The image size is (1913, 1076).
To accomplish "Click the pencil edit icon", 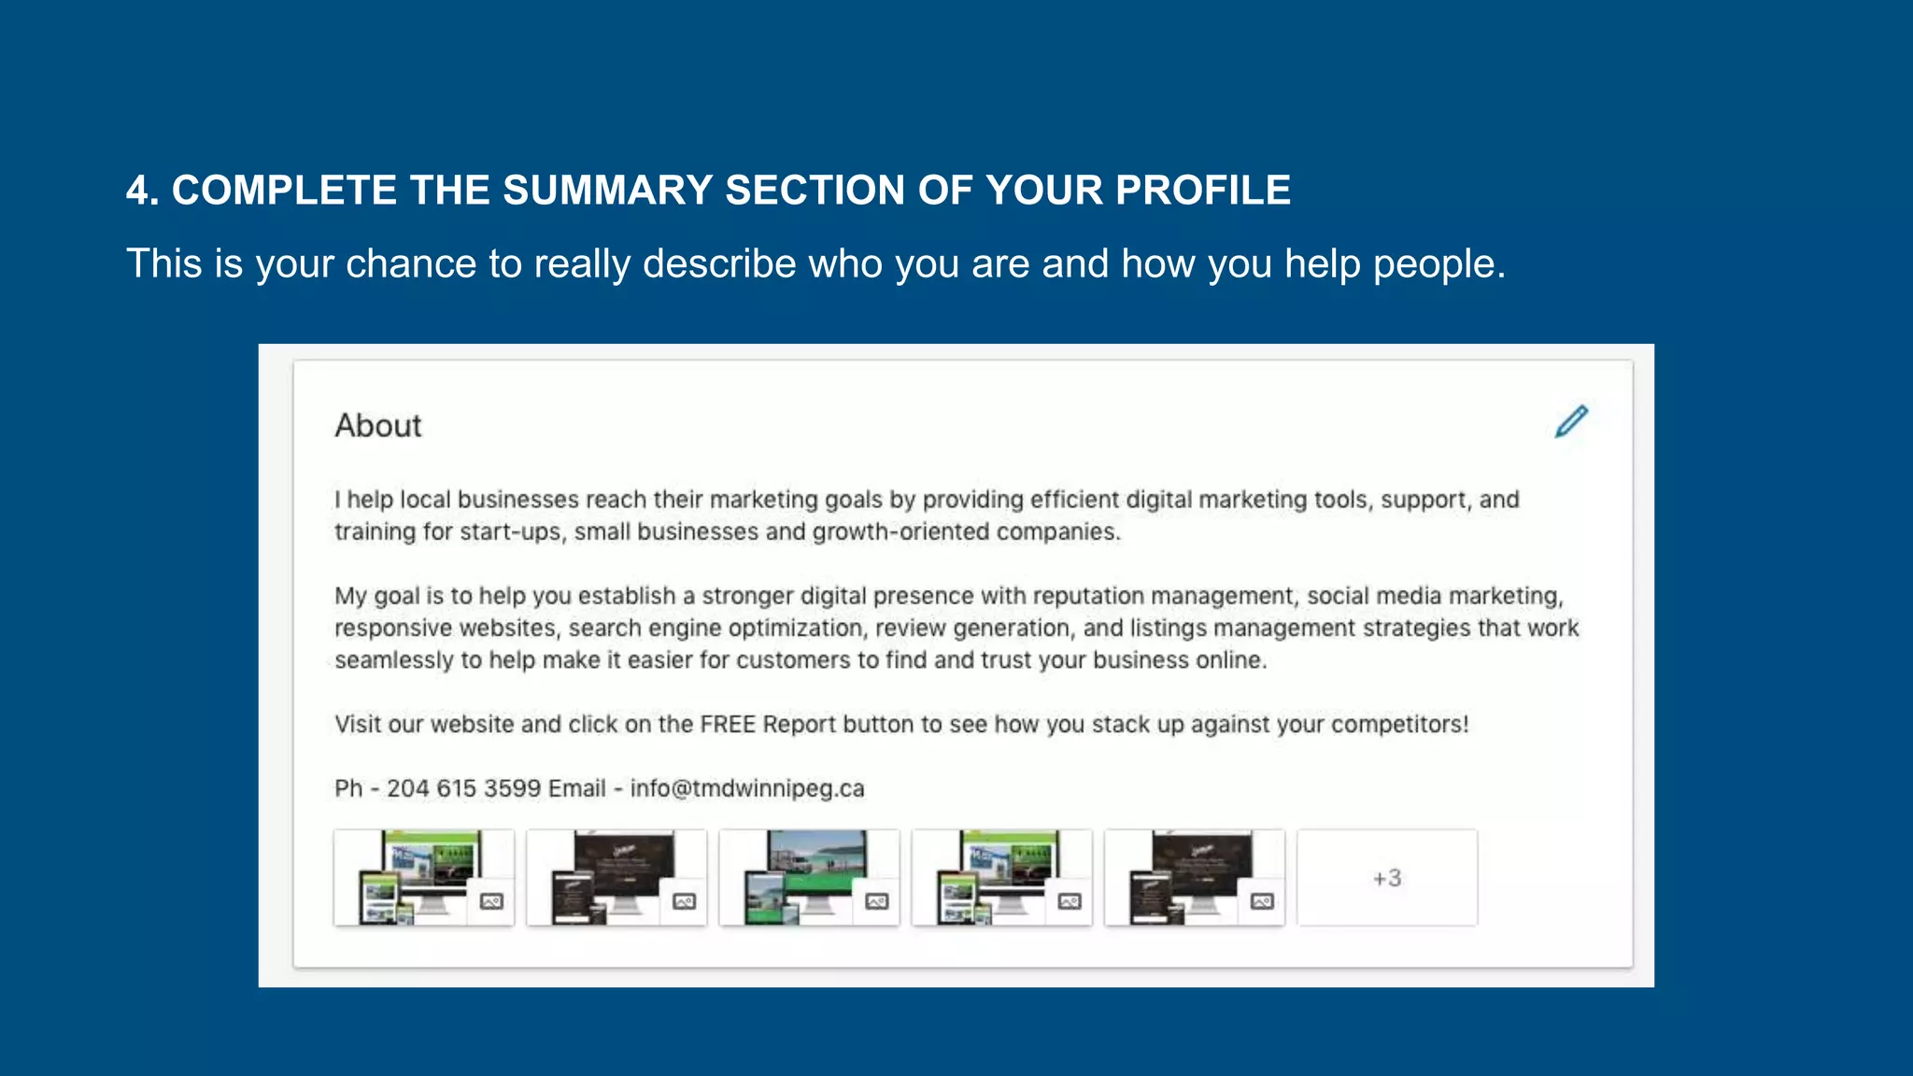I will (1571, 421).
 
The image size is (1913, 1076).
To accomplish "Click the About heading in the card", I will (378, 426).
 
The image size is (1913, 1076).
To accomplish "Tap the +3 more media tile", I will (1387, 878).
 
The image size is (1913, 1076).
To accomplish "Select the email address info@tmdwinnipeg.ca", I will (747, 788).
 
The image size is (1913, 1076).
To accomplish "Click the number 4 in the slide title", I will (137, 191).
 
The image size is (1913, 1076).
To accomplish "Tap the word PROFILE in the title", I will (1203, 191).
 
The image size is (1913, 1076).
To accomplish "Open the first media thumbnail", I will (423, 878).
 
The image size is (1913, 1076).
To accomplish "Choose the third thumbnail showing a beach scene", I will (809, 878).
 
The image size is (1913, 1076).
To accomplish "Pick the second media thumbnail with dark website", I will (616, 878).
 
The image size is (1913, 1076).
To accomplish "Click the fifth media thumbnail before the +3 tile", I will (1194, 878).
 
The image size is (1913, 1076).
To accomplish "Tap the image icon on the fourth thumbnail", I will (1070, 901).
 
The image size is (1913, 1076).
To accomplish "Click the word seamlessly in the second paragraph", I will (395, 660).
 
